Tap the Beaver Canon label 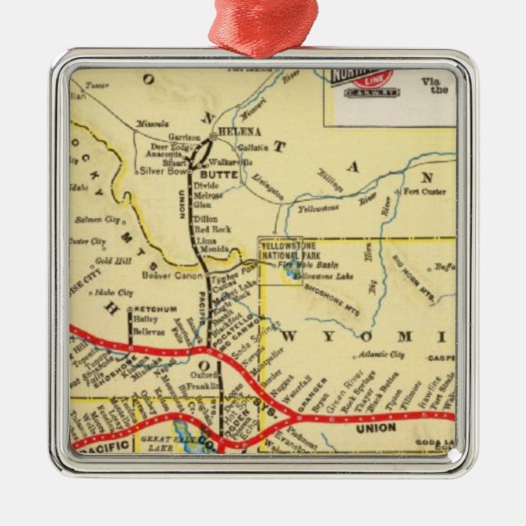tap(167, 275)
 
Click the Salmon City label tap(96, 220)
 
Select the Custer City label tap(87, 242)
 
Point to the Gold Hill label tap(108, 261)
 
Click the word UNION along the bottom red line tap(376, 427)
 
